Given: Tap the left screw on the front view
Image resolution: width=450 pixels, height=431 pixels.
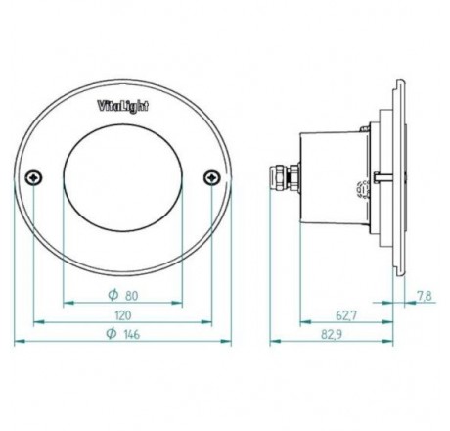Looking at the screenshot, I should tap(34, 176).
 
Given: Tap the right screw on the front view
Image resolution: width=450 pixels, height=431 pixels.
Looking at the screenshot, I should tap(210, 176).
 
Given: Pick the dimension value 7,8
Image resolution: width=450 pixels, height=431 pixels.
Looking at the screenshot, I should tap(423, 293).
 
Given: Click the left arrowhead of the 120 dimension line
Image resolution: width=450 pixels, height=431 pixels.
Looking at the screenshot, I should tap(37, 321).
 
